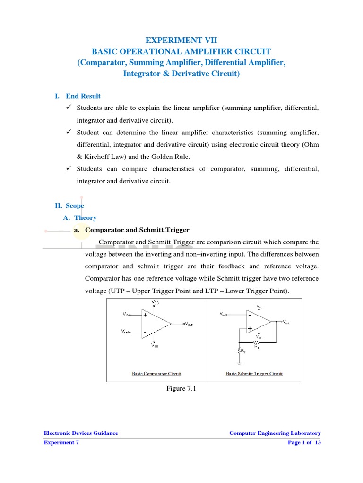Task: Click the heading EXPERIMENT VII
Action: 181,41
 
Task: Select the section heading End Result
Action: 83,96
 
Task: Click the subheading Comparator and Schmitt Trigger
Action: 137,230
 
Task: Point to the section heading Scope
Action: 75,206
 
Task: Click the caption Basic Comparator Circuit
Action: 156,374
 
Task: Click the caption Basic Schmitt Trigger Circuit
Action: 254,374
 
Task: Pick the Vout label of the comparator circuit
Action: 189,324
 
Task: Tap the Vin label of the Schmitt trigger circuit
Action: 222,313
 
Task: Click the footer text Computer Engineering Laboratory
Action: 275,433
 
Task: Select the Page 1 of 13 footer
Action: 304,443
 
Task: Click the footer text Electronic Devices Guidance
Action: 81,433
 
